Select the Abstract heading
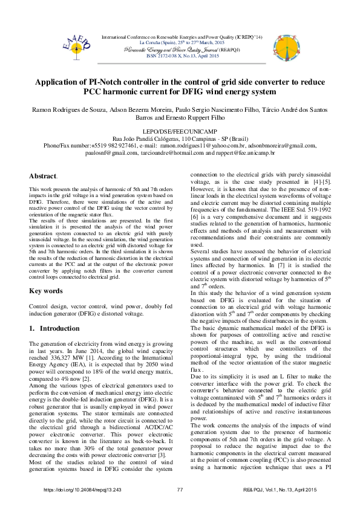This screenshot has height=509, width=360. pos(43,177)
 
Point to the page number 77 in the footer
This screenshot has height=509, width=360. pos(180,489)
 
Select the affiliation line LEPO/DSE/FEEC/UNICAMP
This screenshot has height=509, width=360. pos(180,131)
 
